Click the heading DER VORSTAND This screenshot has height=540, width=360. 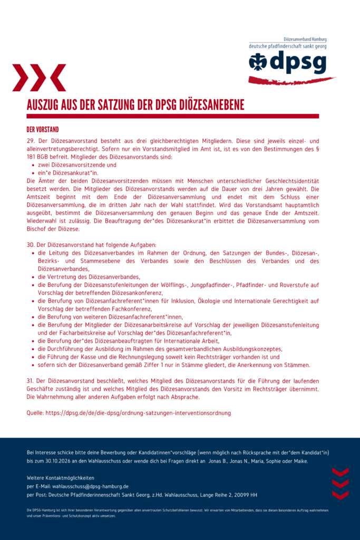(43, 129)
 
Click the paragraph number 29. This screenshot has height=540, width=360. (31, 141)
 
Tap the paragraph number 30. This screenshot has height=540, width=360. (31, 245)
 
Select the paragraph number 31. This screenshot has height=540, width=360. (30, 381)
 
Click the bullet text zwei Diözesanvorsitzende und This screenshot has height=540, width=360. (77, 165)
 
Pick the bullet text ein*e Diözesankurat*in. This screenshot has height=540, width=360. (68, 173)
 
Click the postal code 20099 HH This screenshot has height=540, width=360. (245, 495)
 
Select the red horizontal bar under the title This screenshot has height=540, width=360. (173, 116)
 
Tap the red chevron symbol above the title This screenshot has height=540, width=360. (40, 78)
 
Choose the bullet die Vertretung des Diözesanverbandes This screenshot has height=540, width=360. (89, 277)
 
